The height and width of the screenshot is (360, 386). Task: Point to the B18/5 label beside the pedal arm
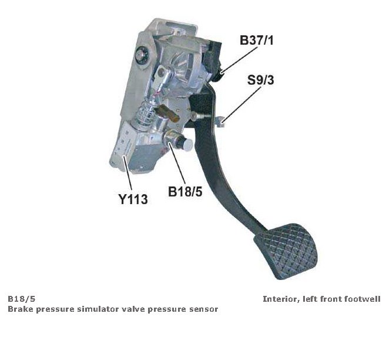click(185, 191)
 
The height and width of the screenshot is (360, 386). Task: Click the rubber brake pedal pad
click(286, 248)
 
